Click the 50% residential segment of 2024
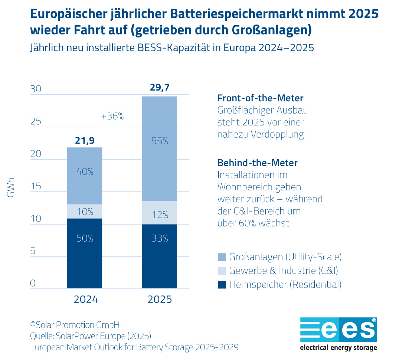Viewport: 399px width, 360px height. pyautogui.click(x=85, y=253)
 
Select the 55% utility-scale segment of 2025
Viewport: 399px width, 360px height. pyautogui.click(x=160, y=148)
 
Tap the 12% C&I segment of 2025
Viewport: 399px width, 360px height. pyautogui.click(x=160, y=213)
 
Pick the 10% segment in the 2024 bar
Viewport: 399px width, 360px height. pyautogui.click(x=85, y=211)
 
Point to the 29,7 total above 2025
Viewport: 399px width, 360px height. pyautogui.click(x=160, y=88)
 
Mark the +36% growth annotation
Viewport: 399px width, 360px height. pyautogui.click(x=112, y=116)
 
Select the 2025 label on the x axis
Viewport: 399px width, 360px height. pyautogui.click(x=160, y=299)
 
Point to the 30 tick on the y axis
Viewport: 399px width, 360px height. pyautogui.click(x=36, y=89)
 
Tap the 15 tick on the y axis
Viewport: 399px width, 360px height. pyautogui.click(x=36, y=186)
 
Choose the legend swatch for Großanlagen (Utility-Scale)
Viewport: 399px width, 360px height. pyautogui.click(x=221, y=256)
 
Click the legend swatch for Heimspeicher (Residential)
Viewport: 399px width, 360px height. pyautogui.click(x=221, y=285)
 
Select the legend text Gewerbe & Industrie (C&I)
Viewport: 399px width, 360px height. pyautogui.click(x=284, y=271)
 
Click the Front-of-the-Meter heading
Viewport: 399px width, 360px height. pyautogui.click(x=260, y=98)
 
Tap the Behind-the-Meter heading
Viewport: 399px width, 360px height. pyautogui.click(x=257, y=163)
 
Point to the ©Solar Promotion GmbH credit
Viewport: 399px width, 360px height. pyautogui.click(x=75, y=325)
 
